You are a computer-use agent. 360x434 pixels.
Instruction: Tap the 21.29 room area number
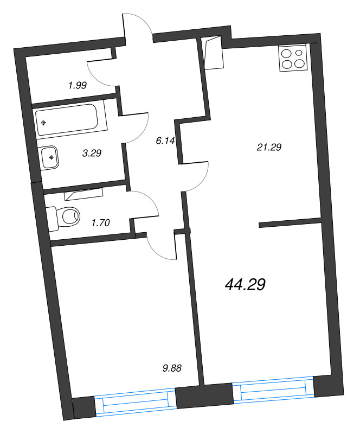269,146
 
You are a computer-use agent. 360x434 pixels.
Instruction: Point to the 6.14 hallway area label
164,141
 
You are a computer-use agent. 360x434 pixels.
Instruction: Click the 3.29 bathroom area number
92,154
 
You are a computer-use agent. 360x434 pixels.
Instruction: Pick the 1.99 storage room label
78,85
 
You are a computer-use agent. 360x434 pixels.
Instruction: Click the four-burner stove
293,59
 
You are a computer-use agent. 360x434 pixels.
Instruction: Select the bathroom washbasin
49,157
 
